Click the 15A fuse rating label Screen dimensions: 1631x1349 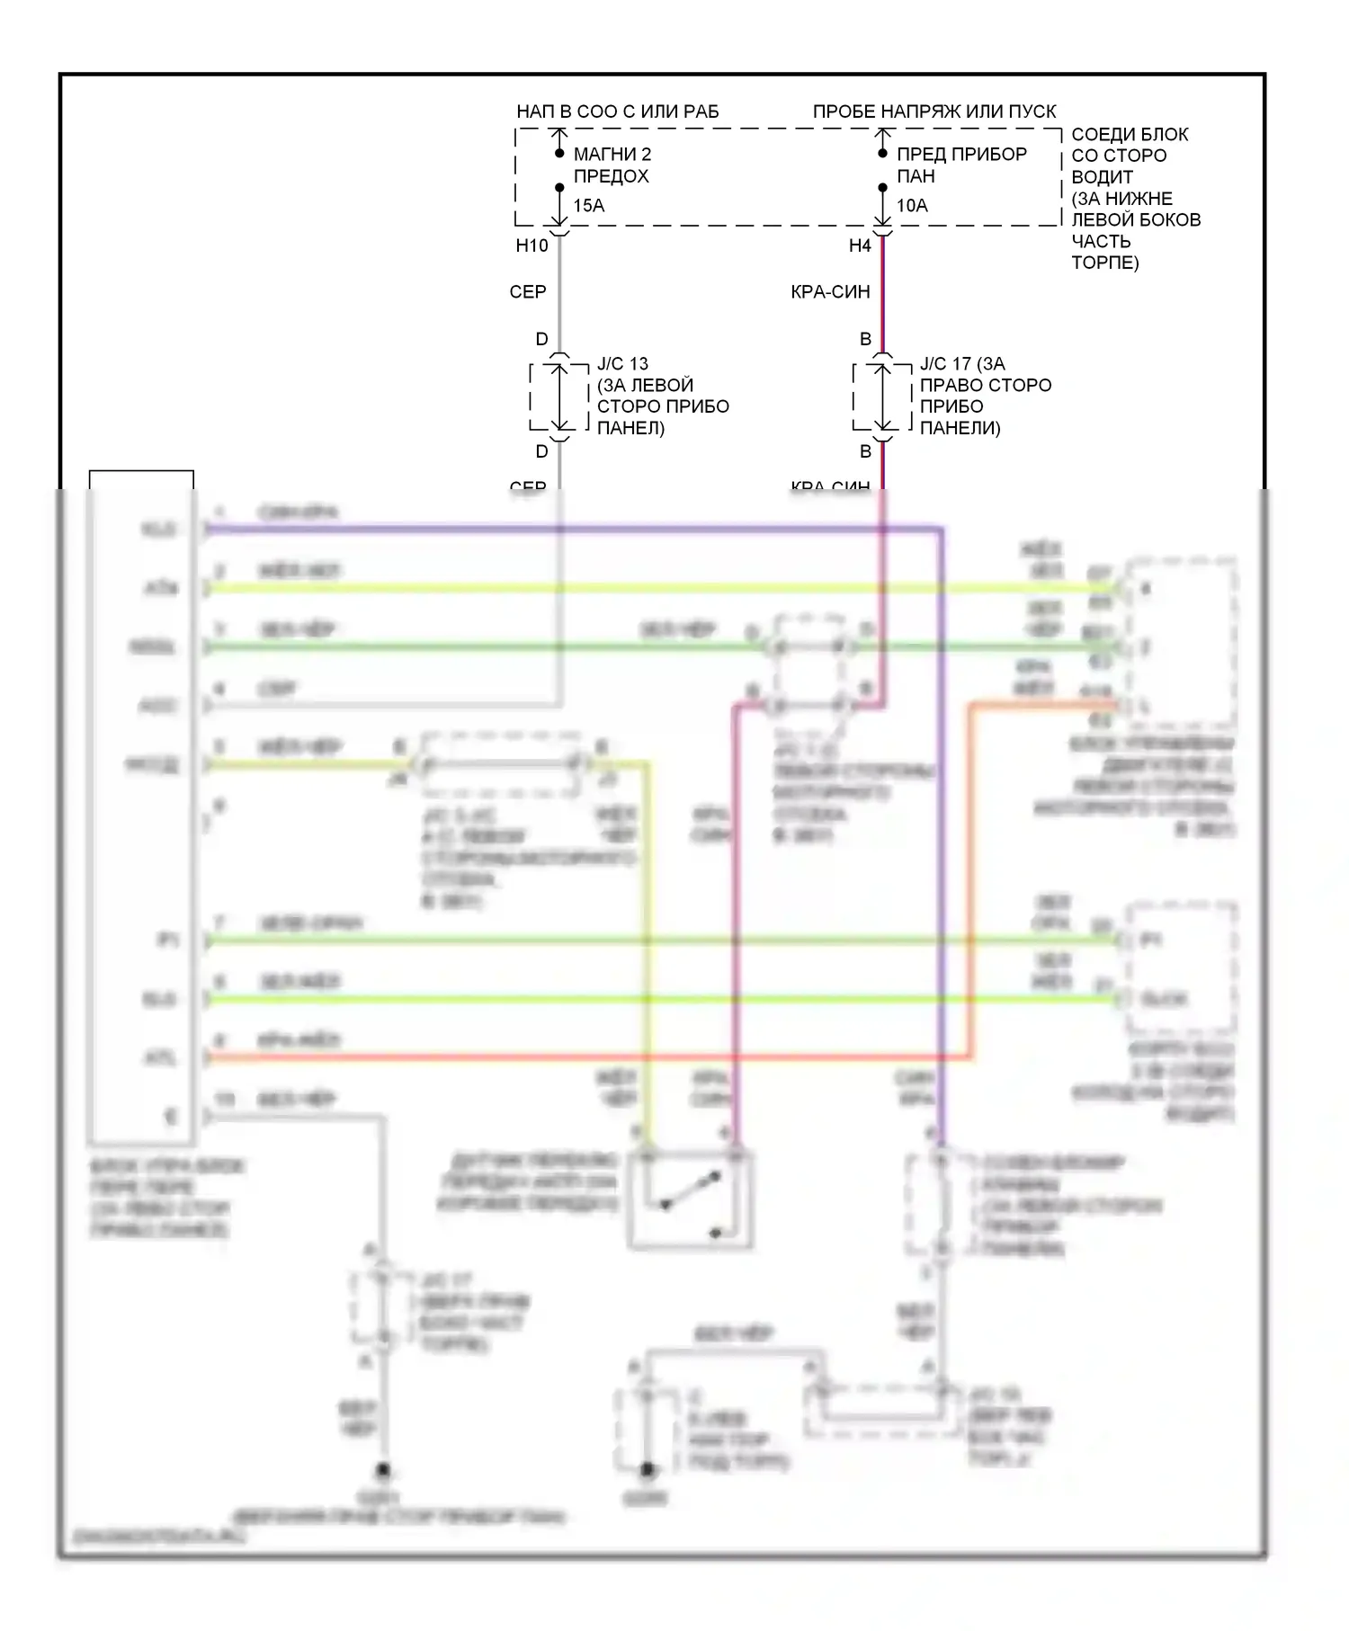589,206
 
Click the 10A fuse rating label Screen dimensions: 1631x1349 912,206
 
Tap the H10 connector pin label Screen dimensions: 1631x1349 532,245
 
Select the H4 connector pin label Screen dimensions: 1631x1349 860,245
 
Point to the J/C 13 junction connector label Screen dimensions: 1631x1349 622,364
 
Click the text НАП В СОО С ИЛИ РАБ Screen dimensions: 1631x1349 618,111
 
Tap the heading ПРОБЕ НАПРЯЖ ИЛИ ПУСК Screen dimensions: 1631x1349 934,111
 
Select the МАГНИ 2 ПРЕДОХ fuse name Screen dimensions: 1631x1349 612,165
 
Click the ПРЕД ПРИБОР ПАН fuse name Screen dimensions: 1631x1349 961,165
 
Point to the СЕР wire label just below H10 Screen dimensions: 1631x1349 528,292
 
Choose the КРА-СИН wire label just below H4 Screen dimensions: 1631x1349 830,292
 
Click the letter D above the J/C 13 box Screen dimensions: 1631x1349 541,340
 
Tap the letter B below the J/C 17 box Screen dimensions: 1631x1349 865,451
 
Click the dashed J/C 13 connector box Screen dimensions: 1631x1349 559,397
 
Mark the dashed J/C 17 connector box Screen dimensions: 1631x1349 882,397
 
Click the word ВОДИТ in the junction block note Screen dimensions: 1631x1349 1102,177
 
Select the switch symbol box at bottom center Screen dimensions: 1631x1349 690,1199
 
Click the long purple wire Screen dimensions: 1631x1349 576,530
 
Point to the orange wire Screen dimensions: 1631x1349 585,1058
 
